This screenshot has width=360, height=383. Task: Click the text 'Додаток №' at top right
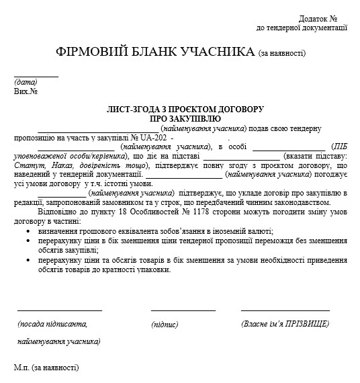pyautogui.click(x=318, y=19)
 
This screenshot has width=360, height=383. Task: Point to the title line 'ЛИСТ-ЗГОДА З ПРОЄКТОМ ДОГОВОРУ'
pyautogui.click(x=181, y=109)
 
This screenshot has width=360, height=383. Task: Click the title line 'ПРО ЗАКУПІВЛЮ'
pyautogui.click(x=181, y=118)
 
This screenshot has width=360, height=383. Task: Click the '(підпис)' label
pyautogui.click(x=165, y=325)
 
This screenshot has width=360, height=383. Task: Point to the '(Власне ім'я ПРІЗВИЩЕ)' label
pyautogui.click(x=285, y=324)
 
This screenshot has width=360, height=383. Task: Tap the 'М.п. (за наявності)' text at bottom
pyautogui.click(x=46, y=368)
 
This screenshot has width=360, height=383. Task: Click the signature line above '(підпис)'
pyautogui.click(x=183, y=310)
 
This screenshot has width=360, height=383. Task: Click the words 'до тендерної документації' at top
pyautogui.click(x=302, y=28)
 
